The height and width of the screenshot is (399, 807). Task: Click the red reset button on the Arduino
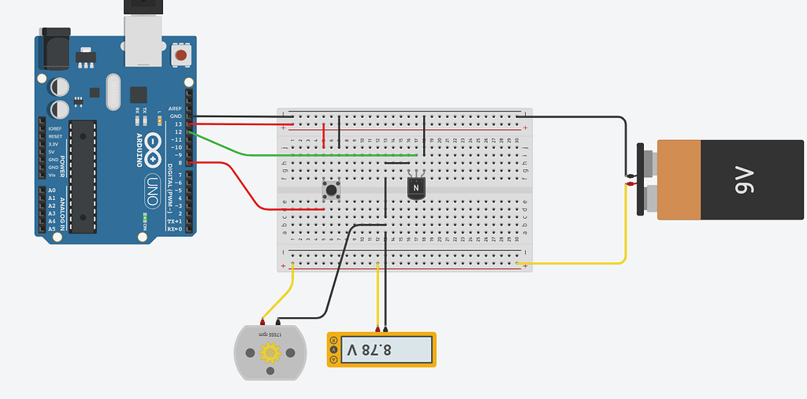pos(182,56)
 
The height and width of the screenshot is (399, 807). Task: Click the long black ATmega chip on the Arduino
pos(83,176)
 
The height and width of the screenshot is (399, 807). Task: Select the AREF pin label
pos(175,109)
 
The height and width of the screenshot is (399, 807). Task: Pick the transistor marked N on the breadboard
pos(417,188)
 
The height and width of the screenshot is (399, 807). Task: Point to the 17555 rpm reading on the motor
pos(270,334)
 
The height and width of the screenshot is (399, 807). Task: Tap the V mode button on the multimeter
pos(334,349)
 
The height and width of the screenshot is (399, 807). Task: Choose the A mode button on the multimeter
pos(334,340)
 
